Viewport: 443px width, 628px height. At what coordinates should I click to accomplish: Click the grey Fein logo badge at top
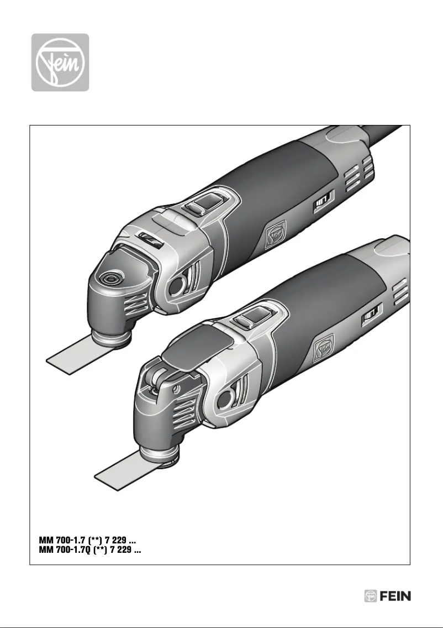pos(60,62)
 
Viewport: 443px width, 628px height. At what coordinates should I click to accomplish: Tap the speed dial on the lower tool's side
pos(370,317)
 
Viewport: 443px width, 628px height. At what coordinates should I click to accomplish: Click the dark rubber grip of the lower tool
pos(320,299)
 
